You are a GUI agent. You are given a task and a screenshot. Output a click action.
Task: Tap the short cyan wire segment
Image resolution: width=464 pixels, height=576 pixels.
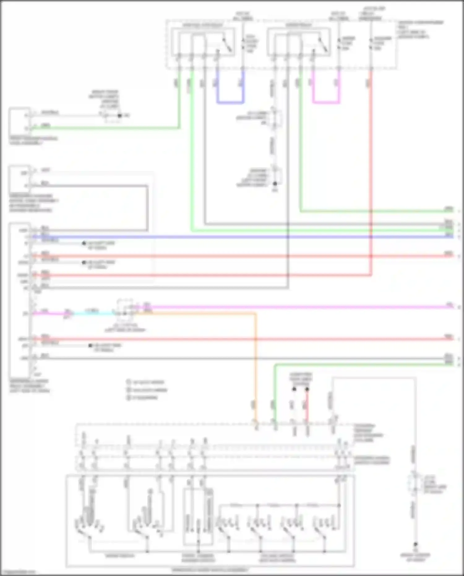tap(93, 313)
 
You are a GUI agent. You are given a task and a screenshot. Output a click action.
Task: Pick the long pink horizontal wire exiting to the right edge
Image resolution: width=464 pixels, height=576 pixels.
tap(294, 307)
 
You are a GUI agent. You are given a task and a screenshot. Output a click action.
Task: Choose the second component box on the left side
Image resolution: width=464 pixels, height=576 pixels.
tap(19, 179)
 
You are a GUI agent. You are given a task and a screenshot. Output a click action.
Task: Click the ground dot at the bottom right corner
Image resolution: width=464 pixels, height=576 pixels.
tap(415, 544)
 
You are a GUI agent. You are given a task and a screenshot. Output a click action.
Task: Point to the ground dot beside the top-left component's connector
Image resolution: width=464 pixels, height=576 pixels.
tap(120, 116)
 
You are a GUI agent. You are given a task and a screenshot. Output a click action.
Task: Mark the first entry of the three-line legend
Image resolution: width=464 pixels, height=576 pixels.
tap(145, 382)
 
